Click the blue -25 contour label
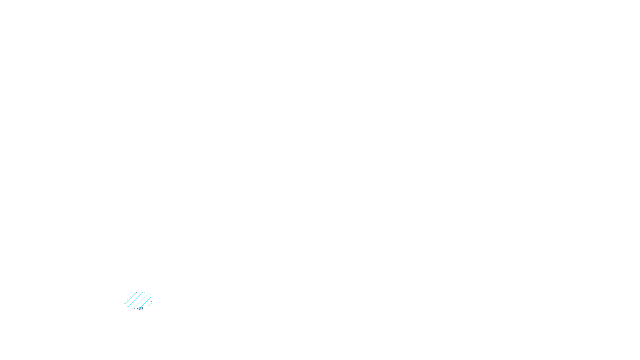tap(140, 309)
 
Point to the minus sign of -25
tap(138, 308)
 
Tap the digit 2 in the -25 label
tap(140, 309)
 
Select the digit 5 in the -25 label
tap(142, 309)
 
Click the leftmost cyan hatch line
tap(130, 298)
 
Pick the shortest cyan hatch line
tap(150, 305)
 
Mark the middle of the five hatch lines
tap(141, 301)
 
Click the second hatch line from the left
tap(136, 300)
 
